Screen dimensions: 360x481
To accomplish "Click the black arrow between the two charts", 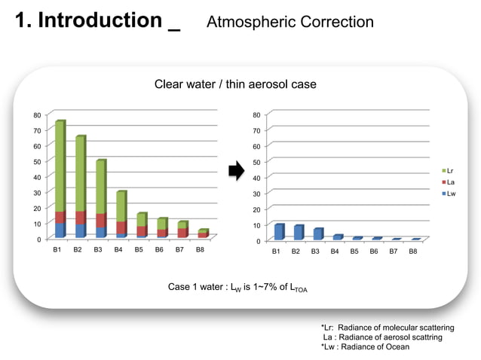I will click(x=236, y=172).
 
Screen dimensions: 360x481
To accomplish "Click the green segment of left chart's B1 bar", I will click(x=60, y=166).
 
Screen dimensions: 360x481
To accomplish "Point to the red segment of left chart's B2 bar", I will click(x=80, y=218).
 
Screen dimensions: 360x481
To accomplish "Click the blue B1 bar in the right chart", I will click(x=278, y=232).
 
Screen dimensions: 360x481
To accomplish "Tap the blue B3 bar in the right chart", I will click(x=317, y=234).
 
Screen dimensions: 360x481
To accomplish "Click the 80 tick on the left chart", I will click(x=37, y=115).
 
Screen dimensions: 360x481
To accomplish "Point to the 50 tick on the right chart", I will click(x=257, y=162).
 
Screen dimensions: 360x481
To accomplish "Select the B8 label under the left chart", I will click(x=200, y=249).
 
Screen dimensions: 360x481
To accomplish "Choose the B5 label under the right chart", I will click(x=354, y=251).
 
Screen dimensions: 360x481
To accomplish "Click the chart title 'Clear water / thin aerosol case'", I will click(x=235, y=84).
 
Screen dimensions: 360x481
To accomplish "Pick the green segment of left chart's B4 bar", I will click(x=121, y=206).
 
